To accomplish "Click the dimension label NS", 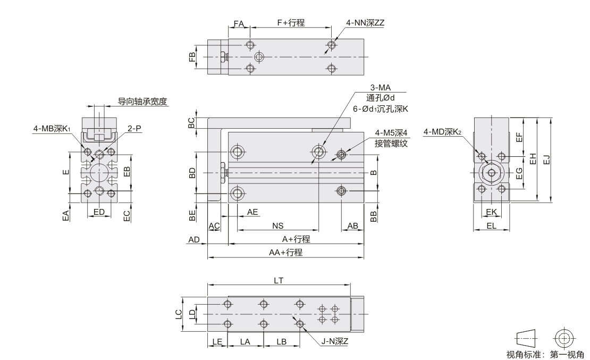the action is click(277, 226).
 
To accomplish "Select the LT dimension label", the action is click(279, 281).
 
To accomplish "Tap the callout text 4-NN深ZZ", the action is click(365, 22).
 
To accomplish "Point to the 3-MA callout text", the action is click(381, 88).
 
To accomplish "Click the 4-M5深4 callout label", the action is click(391, 133).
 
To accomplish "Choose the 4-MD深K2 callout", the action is click(442, 132).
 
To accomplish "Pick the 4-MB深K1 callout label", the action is click(52, 129).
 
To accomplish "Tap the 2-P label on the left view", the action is click(134, 128).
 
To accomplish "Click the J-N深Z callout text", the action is click(334, 341).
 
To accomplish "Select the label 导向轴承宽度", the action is click(142, 102).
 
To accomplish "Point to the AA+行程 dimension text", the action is click(285, 252).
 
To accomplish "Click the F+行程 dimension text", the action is click(291, 22).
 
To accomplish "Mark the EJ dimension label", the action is click(547, 160).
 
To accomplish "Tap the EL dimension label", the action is click(492, 226).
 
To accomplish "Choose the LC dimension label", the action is click(179, 314).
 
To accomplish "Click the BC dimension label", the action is click(191, 123).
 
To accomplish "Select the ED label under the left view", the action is click(99, 212).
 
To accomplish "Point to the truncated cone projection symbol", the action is click(526, 338).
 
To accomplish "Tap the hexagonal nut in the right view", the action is click(492, 172).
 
